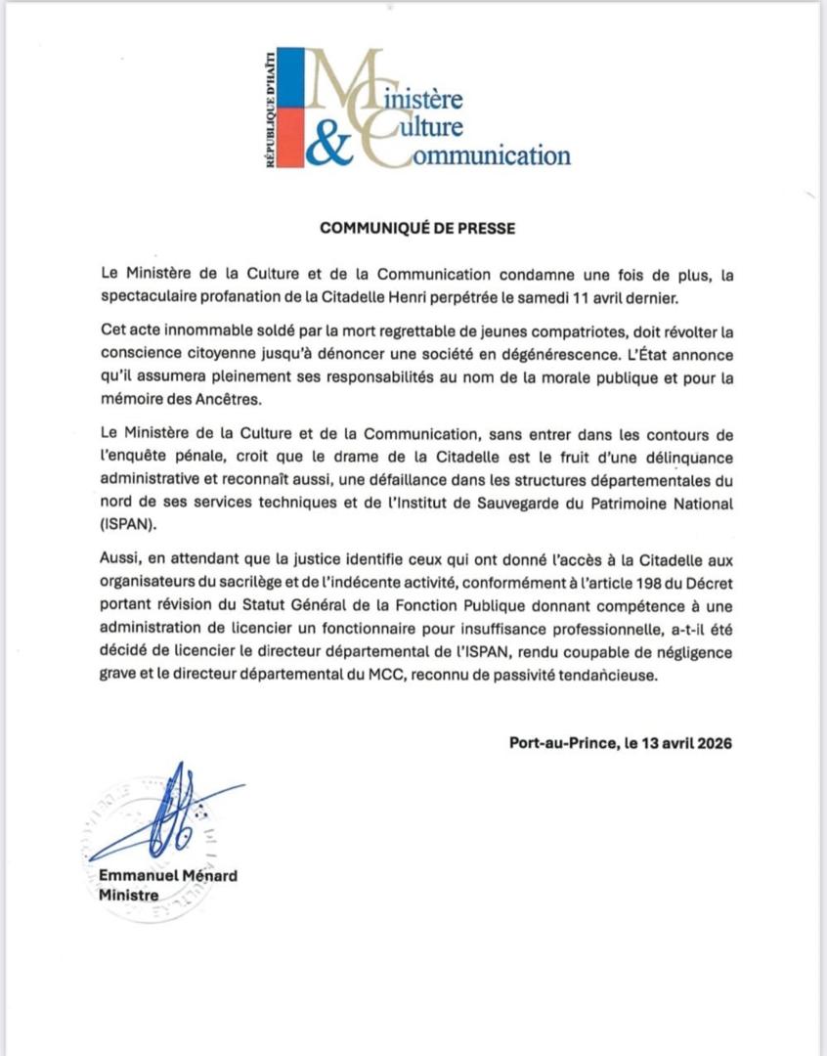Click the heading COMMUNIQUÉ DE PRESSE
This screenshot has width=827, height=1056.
tap(416, 228)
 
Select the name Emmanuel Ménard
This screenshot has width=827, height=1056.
tap(167, 875)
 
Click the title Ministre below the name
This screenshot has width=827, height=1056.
tap(129, 895)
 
